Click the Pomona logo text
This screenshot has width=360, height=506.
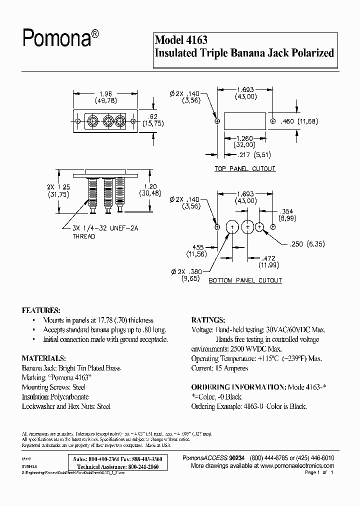[x=57, y=38]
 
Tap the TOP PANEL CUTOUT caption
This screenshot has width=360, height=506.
[x=245, y=169]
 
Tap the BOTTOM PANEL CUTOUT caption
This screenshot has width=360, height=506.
[x=245, y=281]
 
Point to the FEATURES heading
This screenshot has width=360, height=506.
[x=41, y=309]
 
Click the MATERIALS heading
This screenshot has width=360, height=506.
[x=44, y=358]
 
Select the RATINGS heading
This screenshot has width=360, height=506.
[x=208, y=319]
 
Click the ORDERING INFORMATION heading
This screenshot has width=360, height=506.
[x=237, y=387]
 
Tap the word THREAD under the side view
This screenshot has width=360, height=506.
[x=84, y=236]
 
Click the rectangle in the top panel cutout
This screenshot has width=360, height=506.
[x=245, y=121]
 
